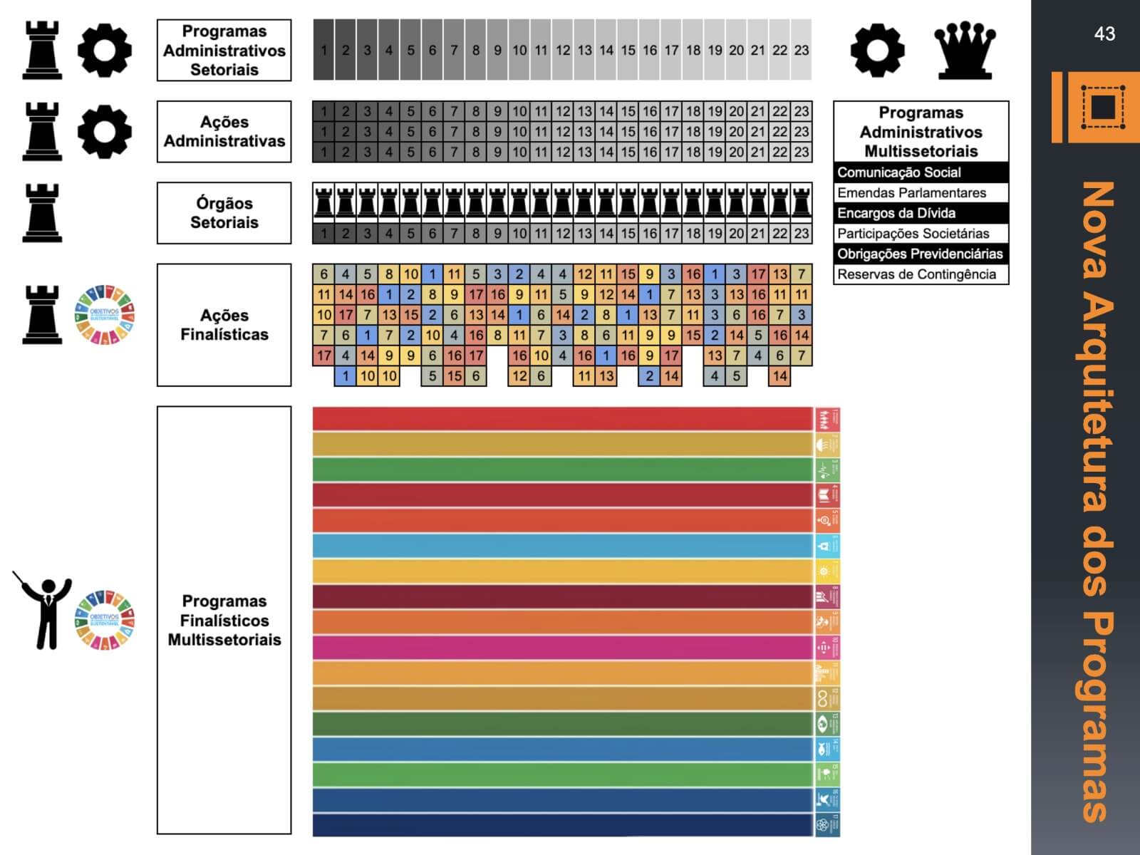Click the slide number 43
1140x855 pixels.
click(x=1104, y=33)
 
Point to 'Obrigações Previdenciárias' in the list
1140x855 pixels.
click(x=921, y=254)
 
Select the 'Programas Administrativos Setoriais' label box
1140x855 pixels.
click(x=224, y=51)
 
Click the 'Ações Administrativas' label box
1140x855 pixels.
click(x=224, y=132)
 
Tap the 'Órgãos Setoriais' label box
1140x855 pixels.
click(x=224, y=213)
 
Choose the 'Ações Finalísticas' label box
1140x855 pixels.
click(x=224, y=325)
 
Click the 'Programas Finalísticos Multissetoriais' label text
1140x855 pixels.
click(x=224, y=621)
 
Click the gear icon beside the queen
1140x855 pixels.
click(x=877, y=51)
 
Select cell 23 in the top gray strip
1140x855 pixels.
click(x=801, y=50)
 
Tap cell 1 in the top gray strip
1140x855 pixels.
click(x=323, y=50)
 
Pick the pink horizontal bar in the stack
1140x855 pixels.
click(x=563, y=647)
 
